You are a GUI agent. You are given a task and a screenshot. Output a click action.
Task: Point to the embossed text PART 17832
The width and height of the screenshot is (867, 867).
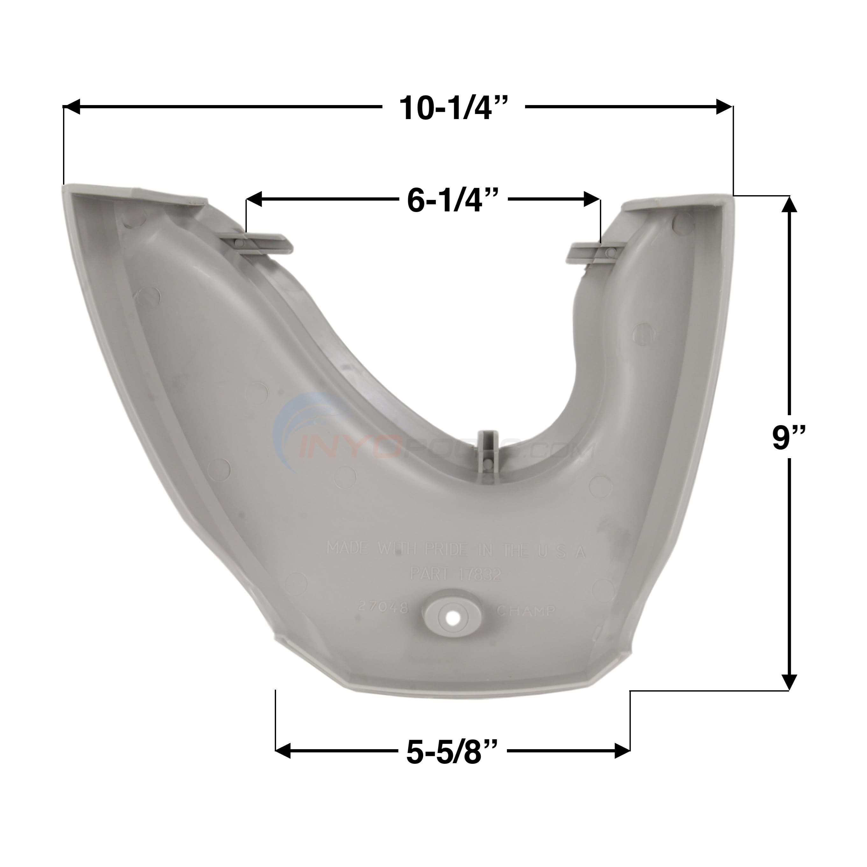[456, 574]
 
